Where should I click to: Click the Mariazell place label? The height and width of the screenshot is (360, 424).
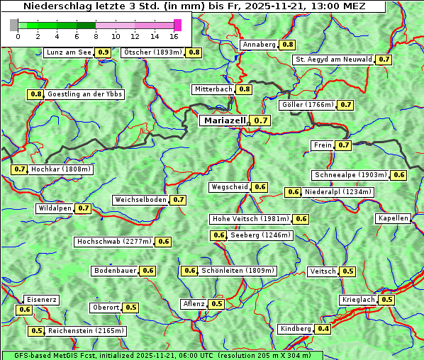coord(225,120)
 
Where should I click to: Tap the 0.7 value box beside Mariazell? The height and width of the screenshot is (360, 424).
coord(262,120)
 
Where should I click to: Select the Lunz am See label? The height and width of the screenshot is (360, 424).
coord(69,52)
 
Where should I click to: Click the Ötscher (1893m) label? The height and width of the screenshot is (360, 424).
coord(152,52)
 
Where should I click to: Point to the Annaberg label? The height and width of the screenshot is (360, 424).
coord(259,45)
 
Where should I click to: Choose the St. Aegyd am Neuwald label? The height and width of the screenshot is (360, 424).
coord(333,60)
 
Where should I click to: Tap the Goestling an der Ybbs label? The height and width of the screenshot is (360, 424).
coord(84,94)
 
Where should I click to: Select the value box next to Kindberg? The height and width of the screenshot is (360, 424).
coord(323,329)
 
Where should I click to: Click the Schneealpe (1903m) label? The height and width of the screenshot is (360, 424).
coord(350,175)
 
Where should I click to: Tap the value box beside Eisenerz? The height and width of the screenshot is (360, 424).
coord(25,310)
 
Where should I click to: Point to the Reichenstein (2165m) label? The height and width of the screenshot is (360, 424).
coord(87,331)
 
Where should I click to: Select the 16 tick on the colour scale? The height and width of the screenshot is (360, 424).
coord(174,36)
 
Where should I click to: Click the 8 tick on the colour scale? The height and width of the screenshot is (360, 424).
coord(96,36)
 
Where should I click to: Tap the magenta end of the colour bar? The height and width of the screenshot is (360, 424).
coord(177,25)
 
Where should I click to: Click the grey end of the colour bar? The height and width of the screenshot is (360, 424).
coord(14,25)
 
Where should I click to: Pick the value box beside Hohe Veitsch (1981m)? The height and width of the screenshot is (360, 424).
coord(301,219)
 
